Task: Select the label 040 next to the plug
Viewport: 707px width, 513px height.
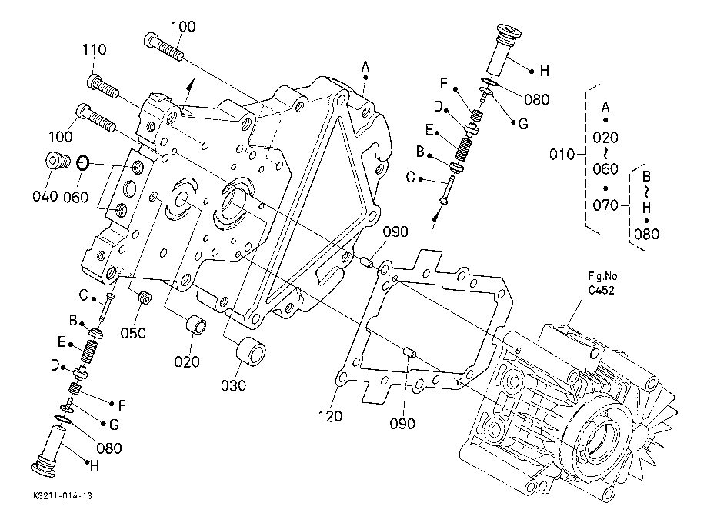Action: click(45, 196)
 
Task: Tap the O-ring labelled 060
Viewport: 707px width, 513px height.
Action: click(84, 164)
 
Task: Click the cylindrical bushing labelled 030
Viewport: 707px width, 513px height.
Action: click(251, 353)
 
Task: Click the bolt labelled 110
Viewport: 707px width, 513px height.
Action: click(104, 85)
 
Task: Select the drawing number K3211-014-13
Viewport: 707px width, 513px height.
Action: click(68, 498)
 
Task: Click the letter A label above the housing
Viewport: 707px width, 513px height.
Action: click(366, 68)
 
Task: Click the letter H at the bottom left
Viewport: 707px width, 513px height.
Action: click(95, 465)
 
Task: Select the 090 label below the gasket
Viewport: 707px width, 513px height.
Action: click(402, 423)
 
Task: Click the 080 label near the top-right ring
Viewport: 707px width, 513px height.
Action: click(535, 98)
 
